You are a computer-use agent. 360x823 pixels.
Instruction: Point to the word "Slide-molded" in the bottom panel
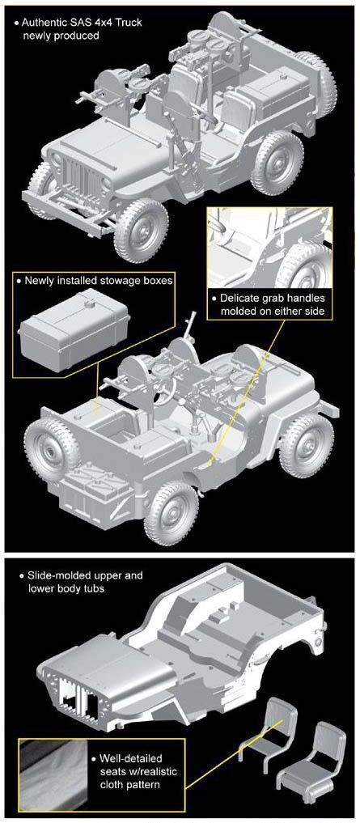pos(55,575)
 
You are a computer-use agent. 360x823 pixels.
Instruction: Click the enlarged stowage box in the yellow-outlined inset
pos(74,329)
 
